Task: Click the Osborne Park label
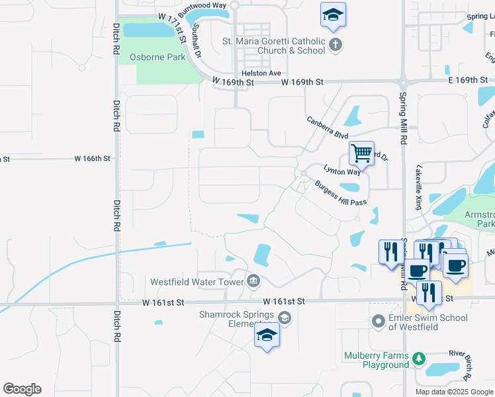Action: coord(158,58)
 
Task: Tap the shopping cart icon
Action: coord(361,154)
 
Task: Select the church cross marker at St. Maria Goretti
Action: coord(336,45)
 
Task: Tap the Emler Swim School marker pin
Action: coord(378,322)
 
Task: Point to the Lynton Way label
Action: coord(341,170)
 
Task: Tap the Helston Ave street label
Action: coord(261,73)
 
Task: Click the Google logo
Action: coord(22,388)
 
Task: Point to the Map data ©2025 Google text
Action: coord(453,392)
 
